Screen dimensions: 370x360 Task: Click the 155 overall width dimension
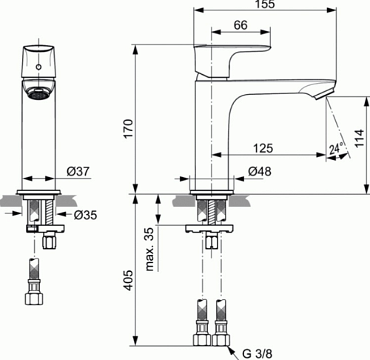[x=265, y=4]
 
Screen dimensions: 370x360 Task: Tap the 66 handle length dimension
[x=240, y=25]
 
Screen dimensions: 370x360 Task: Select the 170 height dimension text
[x=128, y=129]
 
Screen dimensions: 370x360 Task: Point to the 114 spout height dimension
[x=359, y=138]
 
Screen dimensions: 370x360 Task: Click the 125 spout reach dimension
[x=263, y=148]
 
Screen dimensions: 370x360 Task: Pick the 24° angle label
[x=336, y=148]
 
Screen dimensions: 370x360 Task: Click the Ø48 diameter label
[x=260, y=171]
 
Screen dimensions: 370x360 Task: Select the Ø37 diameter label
[x=78, y=171]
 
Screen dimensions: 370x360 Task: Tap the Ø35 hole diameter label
[x=85, y=215]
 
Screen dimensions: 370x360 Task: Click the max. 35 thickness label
[x=149, y=249]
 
